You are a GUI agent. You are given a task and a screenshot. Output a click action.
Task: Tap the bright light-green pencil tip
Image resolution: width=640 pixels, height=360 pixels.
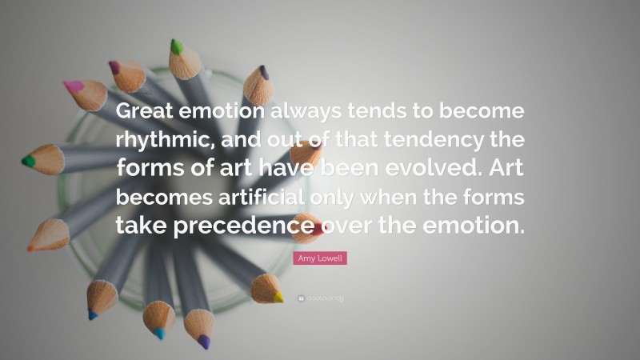pyautogui.click(x=176, y=47)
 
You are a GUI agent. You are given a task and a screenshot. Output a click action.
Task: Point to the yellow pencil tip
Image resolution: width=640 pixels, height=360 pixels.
pyautogui.click(x=278, y=297)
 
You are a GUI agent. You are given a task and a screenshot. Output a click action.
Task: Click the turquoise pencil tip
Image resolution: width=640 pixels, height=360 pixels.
pyautogui.click(x=159, y=333)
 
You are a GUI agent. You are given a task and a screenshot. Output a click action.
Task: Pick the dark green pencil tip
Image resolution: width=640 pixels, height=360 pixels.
pyautogui.click(x=29, y=160)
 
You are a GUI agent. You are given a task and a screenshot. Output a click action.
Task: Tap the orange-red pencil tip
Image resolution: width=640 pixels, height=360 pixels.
pyautogui.click(x=30, y=247)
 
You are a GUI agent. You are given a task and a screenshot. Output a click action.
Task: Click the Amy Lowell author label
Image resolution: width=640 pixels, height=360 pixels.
pyautogui.click(x=319, y=258)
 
